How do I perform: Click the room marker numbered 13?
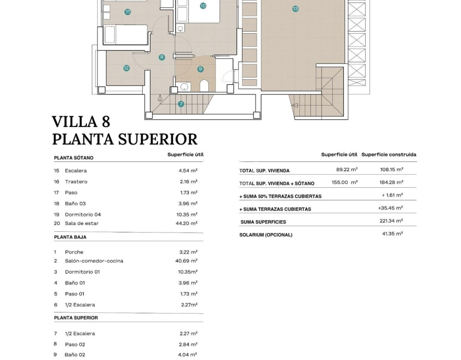point(295,9)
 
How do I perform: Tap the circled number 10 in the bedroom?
point(203,6)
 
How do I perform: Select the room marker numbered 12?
point(127,68)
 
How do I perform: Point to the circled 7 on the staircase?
point(181,104)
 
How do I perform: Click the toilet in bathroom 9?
point(204,85)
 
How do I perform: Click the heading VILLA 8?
point(81,122)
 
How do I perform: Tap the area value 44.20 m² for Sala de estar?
point(188,223)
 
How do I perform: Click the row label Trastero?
point(76,182)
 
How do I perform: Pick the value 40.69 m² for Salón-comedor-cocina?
point(188,261)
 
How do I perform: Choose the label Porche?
point(74,252)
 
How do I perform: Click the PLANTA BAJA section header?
point(70,237)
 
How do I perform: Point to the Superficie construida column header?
point(389,154)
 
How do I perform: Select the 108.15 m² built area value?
point(391,170)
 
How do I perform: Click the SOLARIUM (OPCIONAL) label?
point(266,235)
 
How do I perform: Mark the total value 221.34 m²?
point(391,221)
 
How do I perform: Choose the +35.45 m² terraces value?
point(390,208)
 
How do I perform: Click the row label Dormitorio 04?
point(83,215)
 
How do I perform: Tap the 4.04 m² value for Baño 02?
point(188,355)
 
